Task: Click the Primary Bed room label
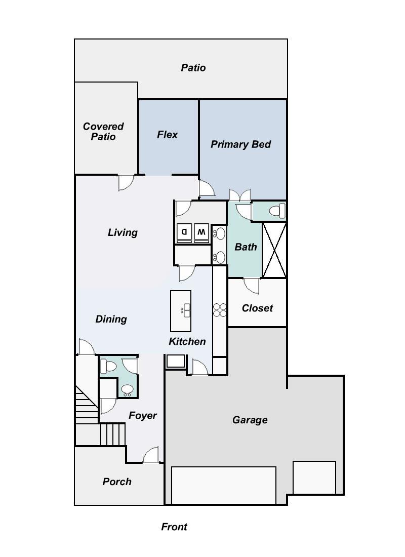point(240,144)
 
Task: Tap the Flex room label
point(167,134)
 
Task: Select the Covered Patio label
point(103,131)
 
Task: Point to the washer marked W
point(201,232)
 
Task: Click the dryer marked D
point(184,232)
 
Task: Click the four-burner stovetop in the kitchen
point(220,310)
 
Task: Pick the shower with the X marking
point(274,250)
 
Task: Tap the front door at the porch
point(151,456)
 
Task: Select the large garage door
point(224,485)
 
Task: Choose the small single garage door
point(314,477)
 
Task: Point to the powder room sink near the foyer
point(128,389)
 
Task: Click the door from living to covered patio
point(126,182)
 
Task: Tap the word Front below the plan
point(174,527)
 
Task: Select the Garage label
point(250,420)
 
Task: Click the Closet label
point(257,308)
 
